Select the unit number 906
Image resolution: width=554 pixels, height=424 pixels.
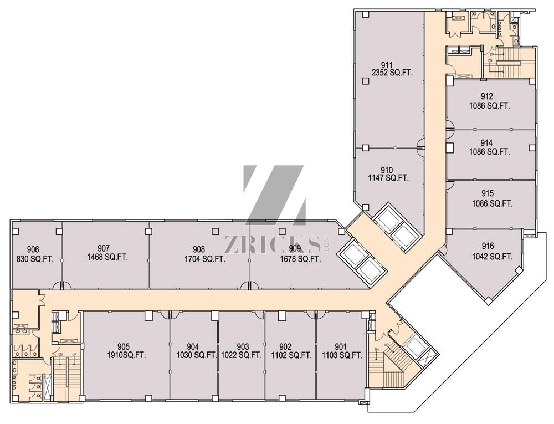click(x=33, y=249)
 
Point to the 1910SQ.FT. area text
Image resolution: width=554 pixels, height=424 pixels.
click(x=127, y=355)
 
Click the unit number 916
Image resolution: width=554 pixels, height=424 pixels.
click(x=488, y=247)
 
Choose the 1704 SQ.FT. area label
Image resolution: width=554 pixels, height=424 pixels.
click(x=204, y=258)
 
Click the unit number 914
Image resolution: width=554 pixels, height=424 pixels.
click(x=488, y=142)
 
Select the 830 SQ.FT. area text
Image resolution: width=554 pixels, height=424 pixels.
click(x=33, y=258)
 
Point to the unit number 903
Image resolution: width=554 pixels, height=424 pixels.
click(x=242, y=347)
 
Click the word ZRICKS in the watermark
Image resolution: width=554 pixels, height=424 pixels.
click(x=271, y=244)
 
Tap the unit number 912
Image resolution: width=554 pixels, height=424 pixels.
click(x=488, y=96)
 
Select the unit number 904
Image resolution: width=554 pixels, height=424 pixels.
click(x=193, y=347)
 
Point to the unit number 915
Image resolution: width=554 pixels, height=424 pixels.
click(x=488, y=194)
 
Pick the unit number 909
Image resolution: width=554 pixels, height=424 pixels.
click(x=295, y=249)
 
